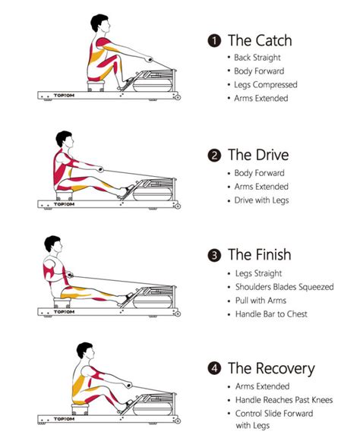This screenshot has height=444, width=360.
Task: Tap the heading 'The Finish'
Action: click(260, 255)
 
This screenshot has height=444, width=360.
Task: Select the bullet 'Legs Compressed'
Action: click(266, 84)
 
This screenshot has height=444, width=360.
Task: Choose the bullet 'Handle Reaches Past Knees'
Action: click(282, 400)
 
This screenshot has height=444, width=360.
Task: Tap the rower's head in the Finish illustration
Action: click(54, 247)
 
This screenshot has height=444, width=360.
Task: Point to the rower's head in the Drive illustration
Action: click(65, 140)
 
